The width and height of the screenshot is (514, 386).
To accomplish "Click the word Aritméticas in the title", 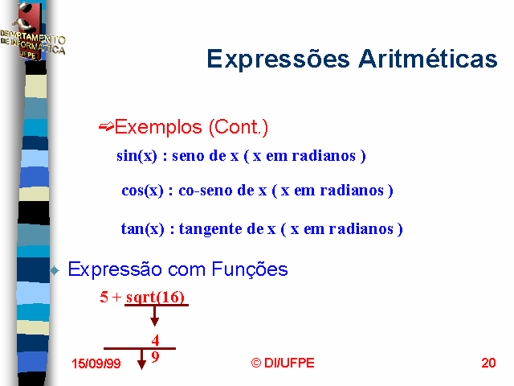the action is click(x=428, y=59).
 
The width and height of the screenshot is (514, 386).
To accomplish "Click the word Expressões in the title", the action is click(x=279, y=60).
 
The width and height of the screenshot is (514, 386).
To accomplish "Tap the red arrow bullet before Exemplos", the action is click(x=106, y=127).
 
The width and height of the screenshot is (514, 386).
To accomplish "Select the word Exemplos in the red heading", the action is click(x=158, y=127).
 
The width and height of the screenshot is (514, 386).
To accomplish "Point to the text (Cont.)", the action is click(x=239, y=127).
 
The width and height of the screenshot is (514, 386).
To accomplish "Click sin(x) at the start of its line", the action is click(x=137, y=156).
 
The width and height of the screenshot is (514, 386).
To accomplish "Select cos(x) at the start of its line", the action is click(x=142, y=191).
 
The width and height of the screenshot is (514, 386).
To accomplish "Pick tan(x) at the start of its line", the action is click(x=143, y=228).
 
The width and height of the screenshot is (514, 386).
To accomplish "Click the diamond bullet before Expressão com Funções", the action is click(x=55, y=270).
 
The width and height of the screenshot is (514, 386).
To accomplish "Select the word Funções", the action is click(x=250, y=270).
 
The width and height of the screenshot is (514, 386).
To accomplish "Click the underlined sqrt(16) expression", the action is click(x=155, y=298).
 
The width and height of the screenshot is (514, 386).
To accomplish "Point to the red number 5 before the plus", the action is click(x=104, y=297).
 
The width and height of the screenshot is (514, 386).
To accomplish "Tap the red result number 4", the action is click(x=155, y=340).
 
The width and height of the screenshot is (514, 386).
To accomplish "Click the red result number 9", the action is click(x=155, y=356).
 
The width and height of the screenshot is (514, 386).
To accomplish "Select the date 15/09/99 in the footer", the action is click(x=96, y=363).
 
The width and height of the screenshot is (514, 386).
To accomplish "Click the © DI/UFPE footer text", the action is click(x=283, y=363).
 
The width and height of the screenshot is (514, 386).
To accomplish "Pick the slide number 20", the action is click(x=488, y=363).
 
